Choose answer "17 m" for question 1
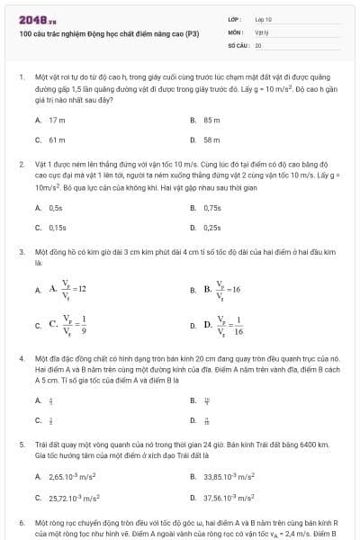[58, 119]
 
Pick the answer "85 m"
[212, 119]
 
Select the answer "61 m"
[58, 140]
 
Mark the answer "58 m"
[212, 140]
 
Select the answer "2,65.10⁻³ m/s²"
[72, 476]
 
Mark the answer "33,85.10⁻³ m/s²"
[229, 476]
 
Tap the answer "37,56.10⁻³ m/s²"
[229, 497]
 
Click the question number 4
[21, 358]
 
